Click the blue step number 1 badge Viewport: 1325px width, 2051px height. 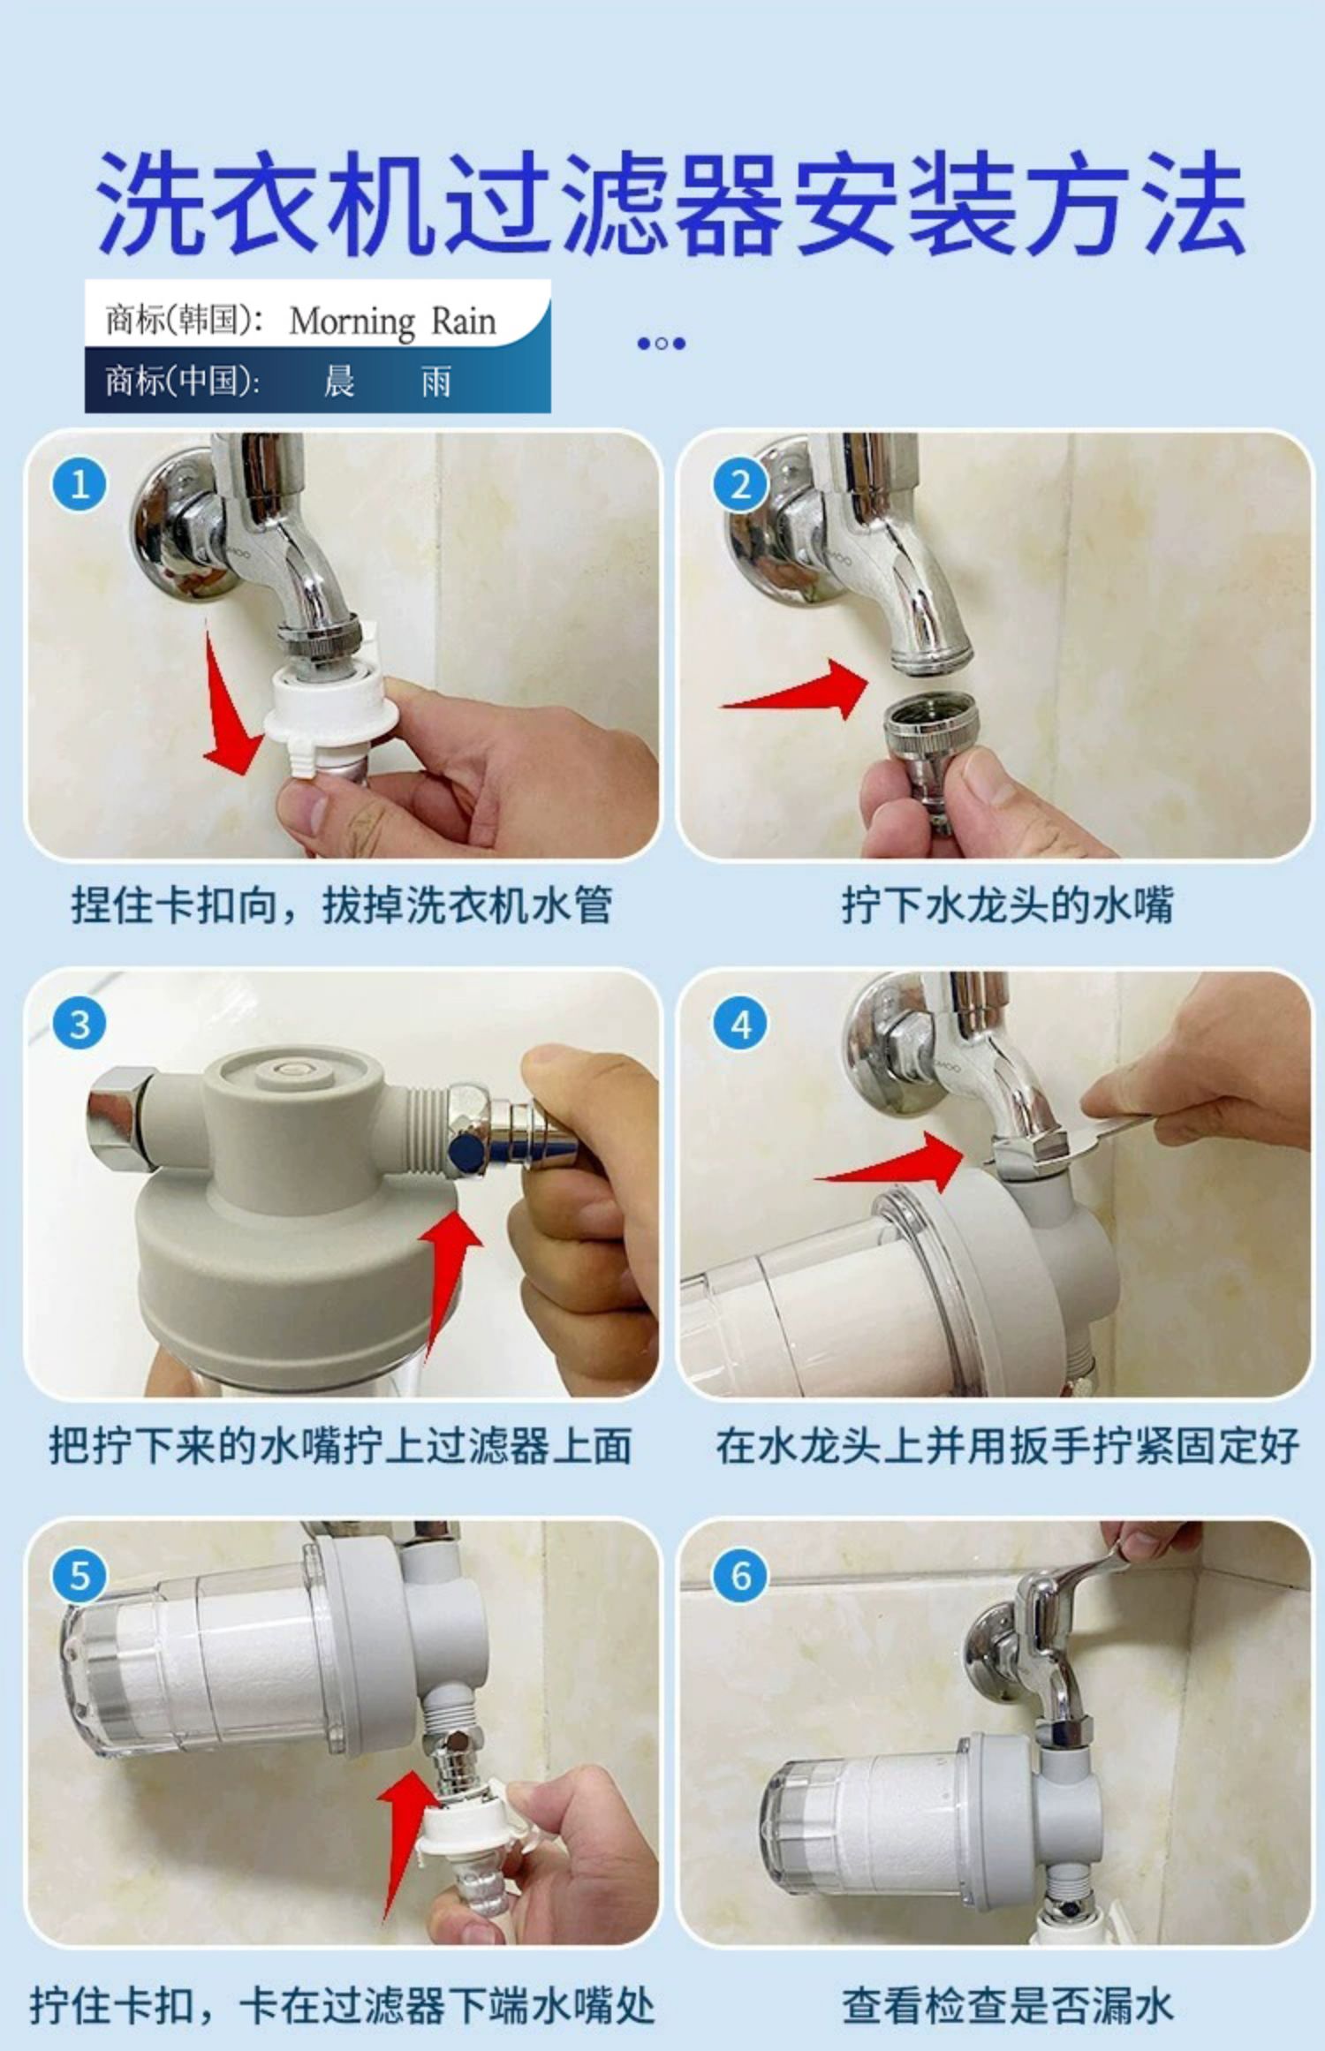(80, 484)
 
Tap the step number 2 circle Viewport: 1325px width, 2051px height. (740, 484)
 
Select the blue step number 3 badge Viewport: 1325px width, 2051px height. (80, 1024)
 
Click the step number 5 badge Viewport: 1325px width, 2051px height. (80, 1575)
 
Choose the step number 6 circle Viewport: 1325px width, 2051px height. (740, 1575)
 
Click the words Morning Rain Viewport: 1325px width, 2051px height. (392, 321)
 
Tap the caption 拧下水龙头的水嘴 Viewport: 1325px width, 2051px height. (1007, 905)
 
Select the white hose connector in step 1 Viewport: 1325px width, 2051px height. (327, 707)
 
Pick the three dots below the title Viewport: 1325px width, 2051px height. (662, 344)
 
